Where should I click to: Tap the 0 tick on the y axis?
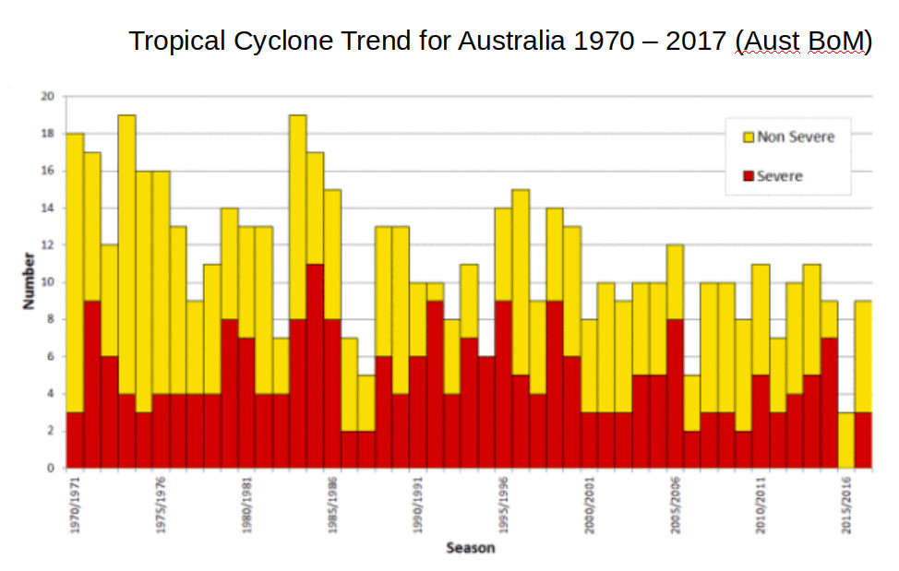[x=51, y=468]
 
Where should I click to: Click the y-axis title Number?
[x=29, y=282]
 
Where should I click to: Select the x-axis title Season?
[x=470, y=548]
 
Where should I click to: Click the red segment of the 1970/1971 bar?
[x=75, y=440]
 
